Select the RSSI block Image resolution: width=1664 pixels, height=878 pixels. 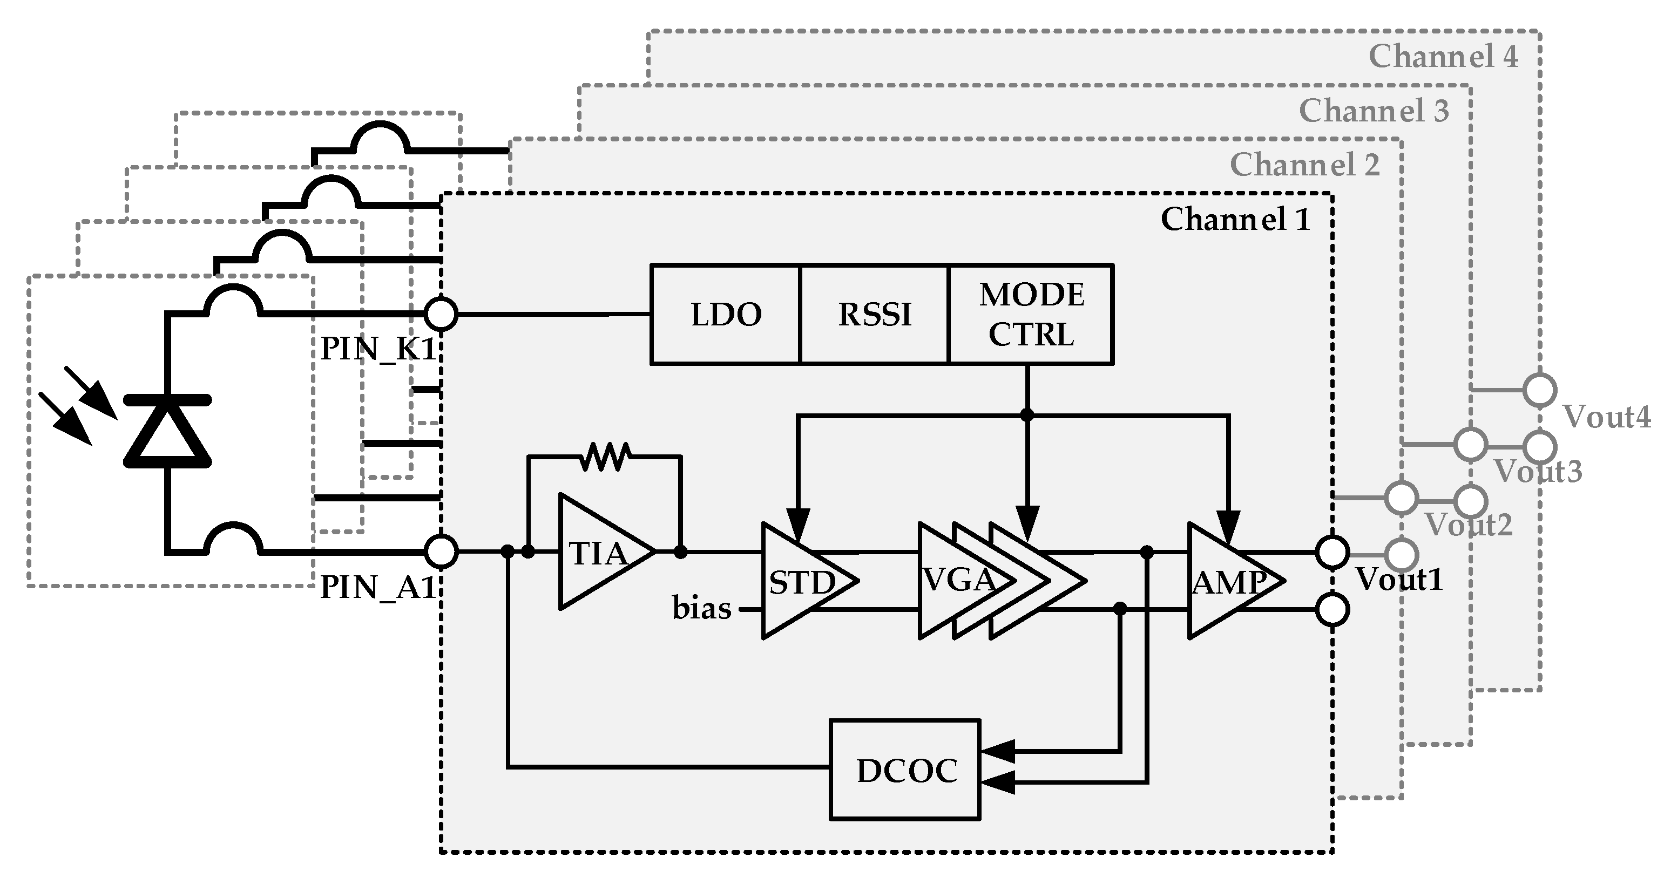(874, 315)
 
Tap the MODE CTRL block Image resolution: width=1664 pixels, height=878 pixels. (1031, 315)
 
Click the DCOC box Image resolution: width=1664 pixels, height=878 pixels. (905, 770)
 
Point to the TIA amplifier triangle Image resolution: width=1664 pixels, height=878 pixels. (598, 552)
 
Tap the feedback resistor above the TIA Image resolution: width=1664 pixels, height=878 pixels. (604, 457)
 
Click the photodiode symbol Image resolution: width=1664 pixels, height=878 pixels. (167, 431)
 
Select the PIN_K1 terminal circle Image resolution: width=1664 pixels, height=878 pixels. (442, 315)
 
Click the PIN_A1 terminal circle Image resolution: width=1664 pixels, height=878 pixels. (442, 552)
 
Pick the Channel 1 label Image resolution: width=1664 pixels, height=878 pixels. (1235, 220)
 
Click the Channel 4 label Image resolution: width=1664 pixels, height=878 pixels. (1443, 56)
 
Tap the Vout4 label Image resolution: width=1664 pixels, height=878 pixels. (1606, 417)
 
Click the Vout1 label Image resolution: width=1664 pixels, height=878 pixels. (1399, 579)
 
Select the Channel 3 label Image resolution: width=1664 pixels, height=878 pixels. (1374, 111)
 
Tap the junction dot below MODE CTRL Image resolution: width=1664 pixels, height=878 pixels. (1027, 415)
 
